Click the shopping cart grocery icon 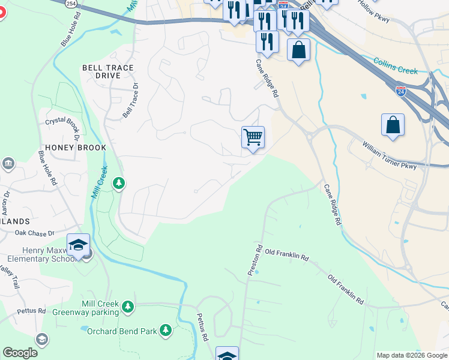[253, 137]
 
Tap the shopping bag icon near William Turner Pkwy [393, 125]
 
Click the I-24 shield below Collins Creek [401, 92]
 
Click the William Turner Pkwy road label [388, 155]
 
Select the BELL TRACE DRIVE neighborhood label [108, 73]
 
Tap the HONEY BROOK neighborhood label [75, 148]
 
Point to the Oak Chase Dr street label [34, 232]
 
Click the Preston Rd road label [255, 260]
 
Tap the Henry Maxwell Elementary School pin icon [78, 245]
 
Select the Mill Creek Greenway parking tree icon [127, 307]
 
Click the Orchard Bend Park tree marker [165, 331]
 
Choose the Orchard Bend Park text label [122, 331]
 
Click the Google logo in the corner [20, 353]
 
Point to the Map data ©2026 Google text [411, 355]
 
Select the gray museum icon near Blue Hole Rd [8, 164]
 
